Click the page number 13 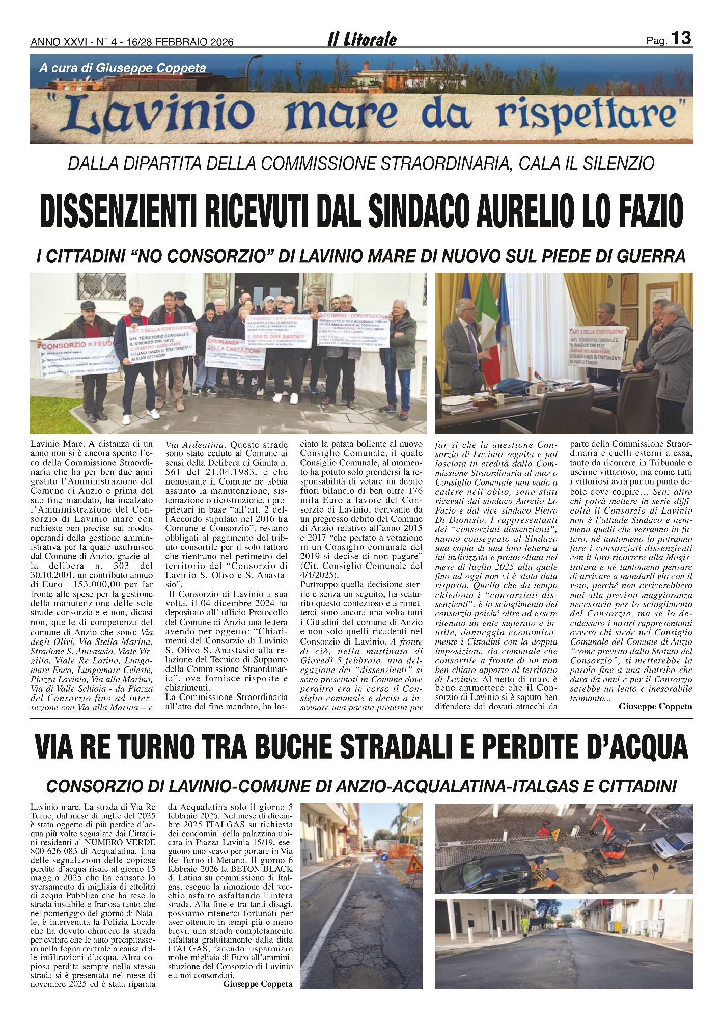tap(681, 38)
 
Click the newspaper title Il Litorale tap(361, 40)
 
